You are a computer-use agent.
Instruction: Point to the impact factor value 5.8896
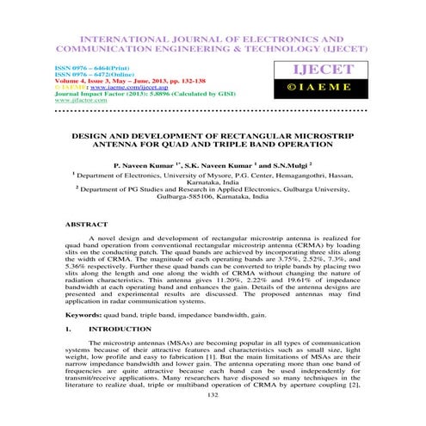[145, 94]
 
